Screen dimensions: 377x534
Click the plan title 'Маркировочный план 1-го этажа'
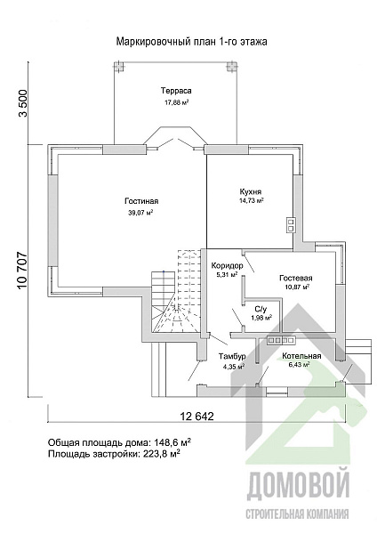point(191,42)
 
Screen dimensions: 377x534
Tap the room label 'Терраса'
point(176,91)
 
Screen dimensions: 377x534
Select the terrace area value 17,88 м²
point(177,102)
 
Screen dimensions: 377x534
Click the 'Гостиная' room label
point(141,201)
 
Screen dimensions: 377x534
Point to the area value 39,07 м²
point(140,214)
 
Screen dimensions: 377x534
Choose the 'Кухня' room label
point(251,191)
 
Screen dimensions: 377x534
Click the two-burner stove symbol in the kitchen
point(291,225)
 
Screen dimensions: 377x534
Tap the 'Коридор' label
point(227,265)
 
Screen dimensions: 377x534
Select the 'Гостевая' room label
point(296,279)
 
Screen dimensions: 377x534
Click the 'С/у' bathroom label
point(261,309)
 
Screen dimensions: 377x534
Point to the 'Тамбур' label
point(232,357)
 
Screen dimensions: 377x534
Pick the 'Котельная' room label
point(301,356)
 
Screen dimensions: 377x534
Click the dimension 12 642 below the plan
point(197,417)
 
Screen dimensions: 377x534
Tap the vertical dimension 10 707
point(22,271)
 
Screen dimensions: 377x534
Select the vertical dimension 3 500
point(22,103)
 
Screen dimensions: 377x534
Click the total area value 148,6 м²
point(172,442)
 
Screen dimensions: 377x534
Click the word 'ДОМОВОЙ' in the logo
point(298,486)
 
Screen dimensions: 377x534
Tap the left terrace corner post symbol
point(118,66)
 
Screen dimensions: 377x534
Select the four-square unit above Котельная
point(281,340)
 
